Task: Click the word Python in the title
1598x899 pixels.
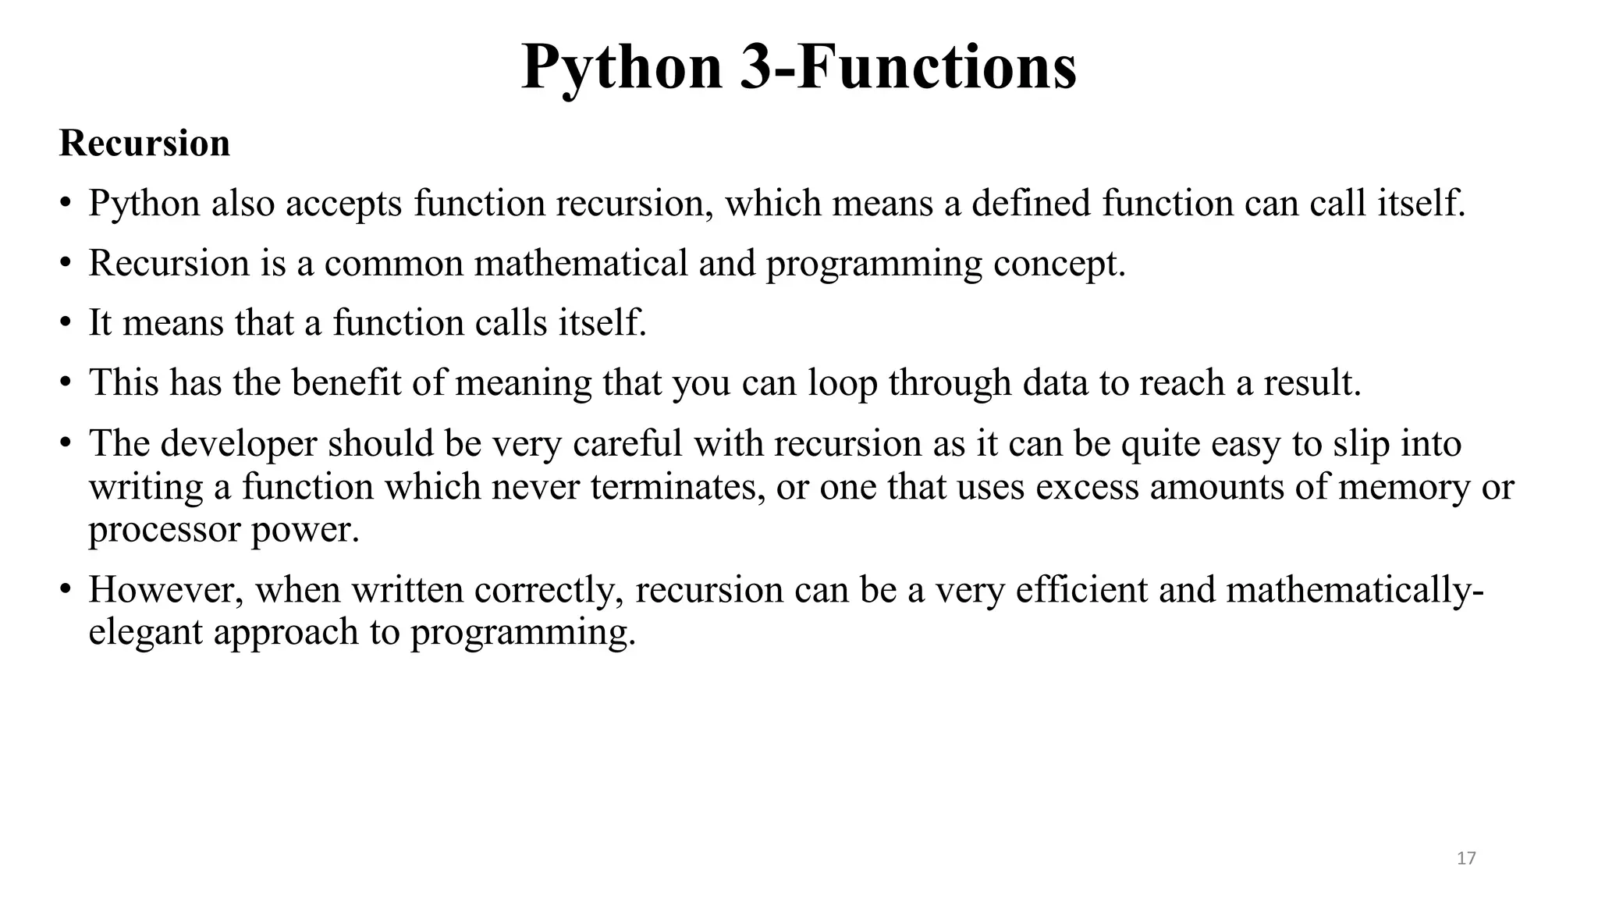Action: coord(621,69)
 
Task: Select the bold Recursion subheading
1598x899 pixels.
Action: coord(144,144)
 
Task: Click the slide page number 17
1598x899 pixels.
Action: coord(1466,858)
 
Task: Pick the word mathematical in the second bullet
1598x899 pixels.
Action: coord(581,263)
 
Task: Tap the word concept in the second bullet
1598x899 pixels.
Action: coord(1059,264)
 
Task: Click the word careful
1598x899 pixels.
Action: coord(627,443)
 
